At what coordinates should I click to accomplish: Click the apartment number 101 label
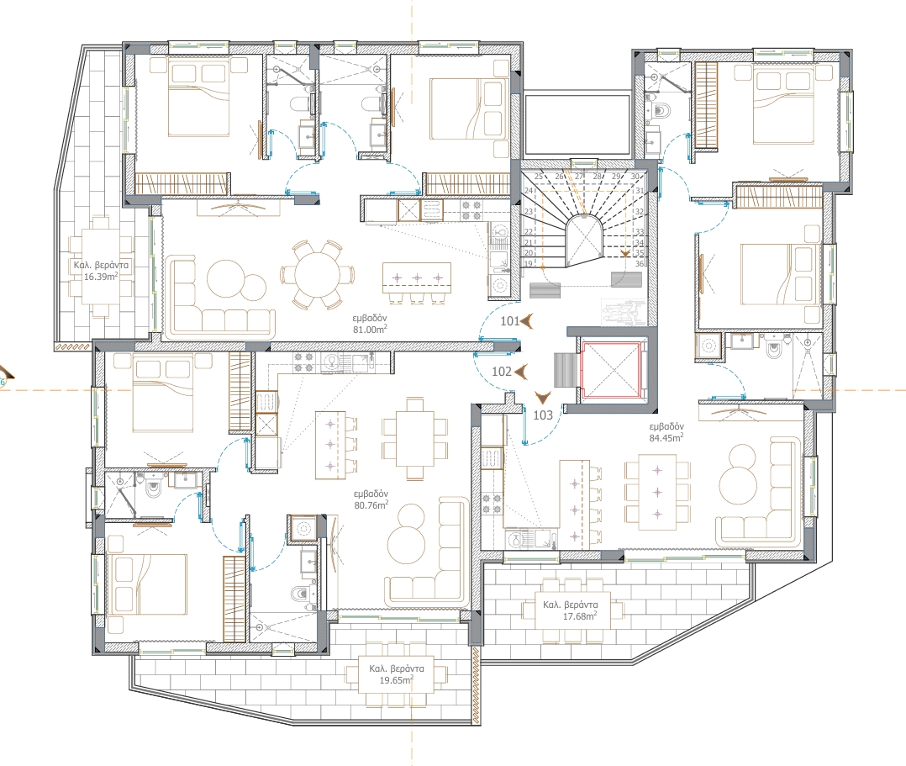tap(509, 321)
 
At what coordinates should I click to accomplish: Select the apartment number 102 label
tap(502, 371)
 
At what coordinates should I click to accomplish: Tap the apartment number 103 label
tap(543, 415)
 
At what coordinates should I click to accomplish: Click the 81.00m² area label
tap(370, 330)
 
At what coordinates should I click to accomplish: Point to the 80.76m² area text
tap(371, 505)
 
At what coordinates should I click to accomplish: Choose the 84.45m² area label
tap(666, 437)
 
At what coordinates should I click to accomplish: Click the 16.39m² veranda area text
tap(101, 277)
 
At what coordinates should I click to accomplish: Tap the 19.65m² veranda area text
tap(396, 680)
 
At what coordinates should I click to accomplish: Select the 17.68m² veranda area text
tap(580, 616)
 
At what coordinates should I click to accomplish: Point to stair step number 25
tap(539, 177)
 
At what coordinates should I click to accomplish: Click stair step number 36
tap(639, 264)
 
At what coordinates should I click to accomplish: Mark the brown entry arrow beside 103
tap(543, 398)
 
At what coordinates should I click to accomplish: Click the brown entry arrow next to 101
tap(526, 321)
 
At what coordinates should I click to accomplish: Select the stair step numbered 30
tap(635, 177)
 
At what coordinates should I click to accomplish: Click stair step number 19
tap(528, 264)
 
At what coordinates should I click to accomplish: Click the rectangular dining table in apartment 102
tap(415, 439)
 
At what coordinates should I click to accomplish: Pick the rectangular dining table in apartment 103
tap(657, 492)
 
